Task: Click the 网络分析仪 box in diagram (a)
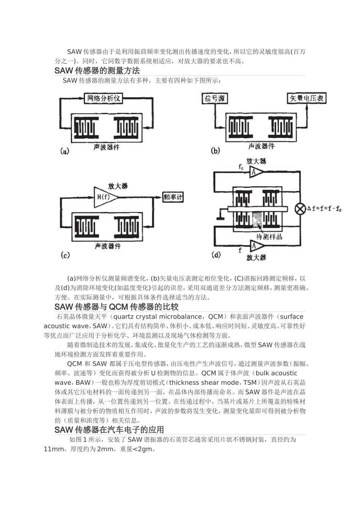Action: click(x=103, y=98)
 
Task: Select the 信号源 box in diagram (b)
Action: click(x=215, y=98)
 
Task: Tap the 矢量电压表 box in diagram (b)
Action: click(x=307, y=98)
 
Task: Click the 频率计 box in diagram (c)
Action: click(x=173, y=197)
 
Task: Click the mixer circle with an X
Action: click(x=301, y=209)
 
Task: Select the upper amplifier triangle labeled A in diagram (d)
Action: click(x=255, y=173)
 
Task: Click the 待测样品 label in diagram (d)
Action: click(x=269, y=237)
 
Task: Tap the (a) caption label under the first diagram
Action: click(x=65, y=151)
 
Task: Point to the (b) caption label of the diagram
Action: click(x=215, y=151)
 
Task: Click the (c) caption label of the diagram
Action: click(x=65, y=255)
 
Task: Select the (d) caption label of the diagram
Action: click(x=216, y=255)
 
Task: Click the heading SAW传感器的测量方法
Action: click(x=97, y=71)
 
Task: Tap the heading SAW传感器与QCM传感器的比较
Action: click(x=116, y=306)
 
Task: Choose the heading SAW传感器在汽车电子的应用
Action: click(x=109, y=430)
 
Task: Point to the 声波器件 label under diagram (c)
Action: click(x=108, y=246)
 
